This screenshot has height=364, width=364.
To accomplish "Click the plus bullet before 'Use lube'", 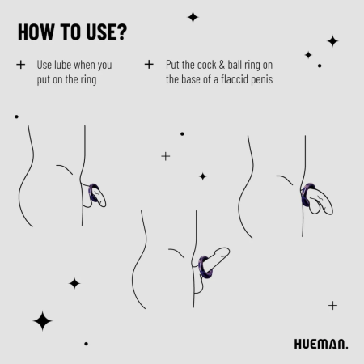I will pos(21,65).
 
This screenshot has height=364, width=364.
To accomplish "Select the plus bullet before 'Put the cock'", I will pos(149,65).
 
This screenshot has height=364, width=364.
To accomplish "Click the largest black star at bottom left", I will pos(43,321).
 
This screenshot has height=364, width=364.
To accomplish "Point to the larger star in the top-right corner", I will pos(332,40).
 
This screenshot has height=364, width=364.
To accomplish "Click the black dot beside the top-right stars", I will pos(320,66).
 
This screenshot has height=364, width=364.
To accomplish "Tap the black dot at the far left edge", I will pos(16,116).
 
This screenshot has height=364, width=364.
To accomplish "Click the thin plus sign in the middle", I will pos(166,155).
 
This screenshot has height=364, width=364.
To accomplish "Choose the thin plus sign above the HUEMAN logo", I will pos(332,305).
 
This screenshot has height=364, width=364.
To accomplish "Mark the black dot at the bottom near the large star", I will pos(86,343).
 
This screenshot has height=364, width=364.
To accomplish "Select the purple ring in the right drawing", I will pos(307,196).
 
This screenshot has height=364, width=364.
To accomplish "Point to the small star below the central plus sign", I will pos(202,176).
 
